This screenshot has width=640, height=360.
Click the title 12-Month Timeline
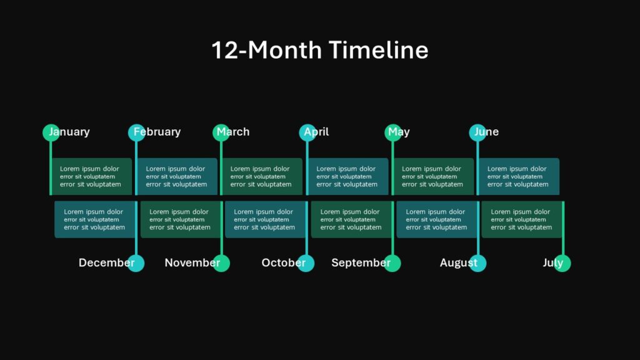[319, 50]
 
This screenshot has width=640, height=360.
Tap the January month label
[70, 132]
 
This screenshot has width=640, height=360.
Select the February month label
[157, 132]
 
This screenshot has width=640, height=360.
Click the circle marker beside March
[221, 132]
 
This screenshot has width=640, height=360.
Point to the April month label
[316, 132]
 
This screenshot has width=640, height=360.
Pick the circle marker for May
[392, 132]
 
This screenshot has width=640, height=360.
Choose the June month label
[487, 132]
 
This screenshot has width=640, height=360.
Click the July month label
[552, 263]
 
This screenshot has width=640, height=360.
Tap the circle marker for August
[477, 264]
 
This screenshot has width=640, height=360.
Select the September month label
[361, 263]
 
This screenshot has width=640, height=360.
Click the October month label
[283, 263]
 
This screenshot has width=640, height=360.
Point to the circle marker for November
[221, 264]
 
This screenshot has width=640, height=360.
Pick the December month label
[106, 263]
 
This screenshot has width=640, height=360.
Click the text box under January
[91, 176]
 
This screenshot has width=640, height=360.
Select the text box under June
[518, 176]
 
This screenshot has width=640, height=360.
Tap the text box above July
[521, 219]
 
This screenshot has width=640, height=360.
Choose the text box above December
[94, 219]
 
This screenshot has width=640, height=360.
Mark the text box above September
[351, 219]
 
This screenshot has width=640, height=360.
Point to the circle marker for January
[51, 132]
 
